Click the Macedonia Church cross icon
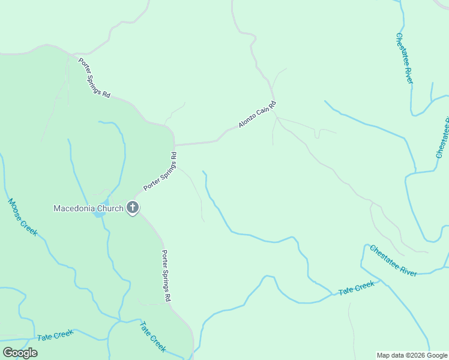click(133, 208)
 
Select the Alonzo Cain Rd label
click(257, 114)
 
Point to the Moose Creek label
click(23, 217)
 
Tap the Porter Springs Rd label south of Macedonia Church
click(167, 275)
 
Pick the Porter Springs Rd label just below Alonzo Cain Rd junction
click(160, 171)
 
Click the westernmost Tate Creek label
click(55, 335)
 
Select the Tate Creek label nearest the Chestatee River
click(357, 288)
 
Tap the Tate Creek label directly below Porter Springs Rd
click(152, 337)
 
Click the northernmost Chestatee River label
click(404, 58)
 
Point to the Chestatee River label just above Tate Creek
click(393, 260)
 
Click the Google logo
click(20, 353)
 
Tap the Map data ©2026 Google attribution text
click(412, 355)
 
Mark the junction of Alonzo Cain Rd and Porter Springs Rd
click(174, 145)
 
